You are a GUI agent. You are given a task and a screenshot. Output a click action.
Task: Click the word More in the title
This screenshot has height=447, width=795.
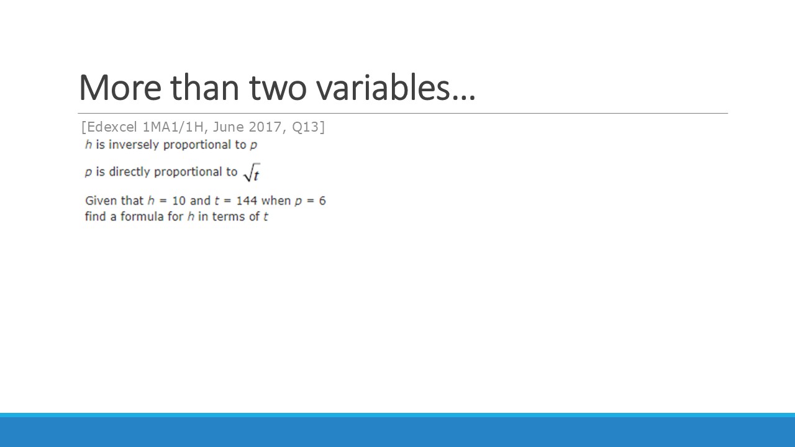coord(120,88)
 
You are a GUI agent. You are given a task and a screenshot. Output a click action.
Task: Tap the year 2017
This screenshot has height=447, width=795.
coord(265,127)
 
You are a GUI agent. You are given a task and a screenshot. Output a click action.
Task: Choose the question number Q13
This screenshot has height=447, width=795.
coord(305,127)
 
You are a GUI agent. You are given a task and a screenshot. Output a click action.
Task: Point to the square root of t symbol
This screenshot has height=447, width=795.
coord(252,173)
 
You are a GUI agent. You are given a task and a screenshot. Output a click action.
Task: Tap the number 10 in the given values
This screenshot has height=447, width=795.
coord(178,201)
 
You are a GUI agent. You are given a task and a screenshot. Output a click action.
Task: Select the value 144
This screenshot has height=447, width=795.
coord(247,201)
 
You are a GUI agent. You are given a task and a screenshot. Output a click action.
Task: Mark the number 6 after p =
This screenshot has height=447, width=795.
coord(322,201)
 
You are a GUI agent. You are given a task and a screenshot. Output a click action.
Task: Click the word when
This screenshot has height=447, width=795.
coord(276,201)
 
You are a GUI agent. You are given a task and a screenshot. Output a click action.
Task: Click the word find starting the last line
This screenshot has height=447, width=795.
coord(95,217)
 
